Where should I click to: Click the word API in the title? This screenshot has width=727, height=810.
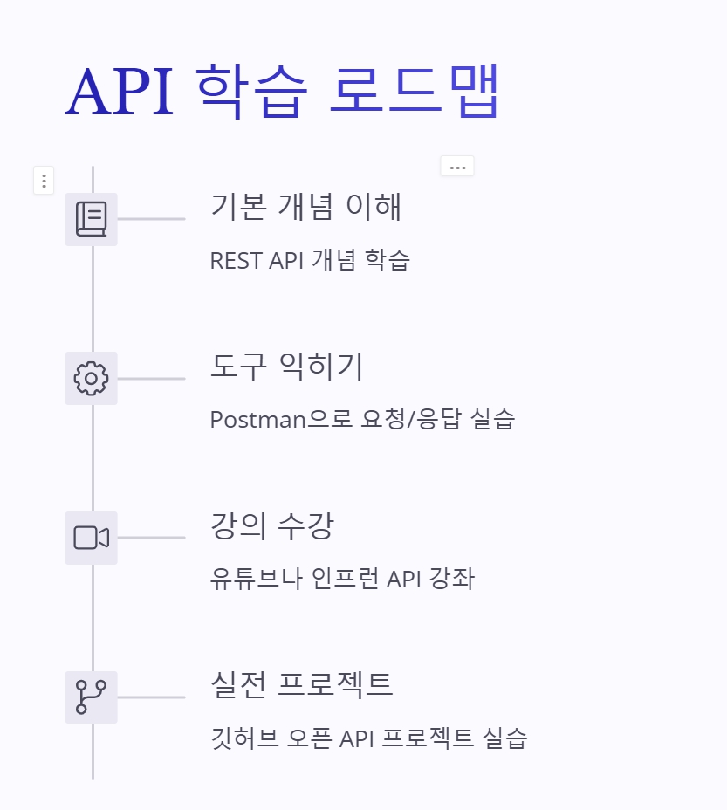pyautogui.click(x=119, y=91)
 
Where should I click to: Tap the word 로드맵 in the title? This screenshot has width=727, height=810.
pyautogui.click(x=414, y=91)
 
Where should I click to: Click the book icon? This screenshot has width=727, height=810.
pyautogui.click(x=91, y=219)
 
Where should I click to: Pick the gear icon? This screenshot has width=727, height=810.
pyautogui.click(x=91, y=379)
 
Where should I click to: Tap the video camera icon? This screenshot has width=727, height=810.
pyautogui.click(x=91, y=538)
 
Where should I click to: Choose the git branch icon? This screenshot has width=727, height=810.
pyautogui.click(x=91, y=697)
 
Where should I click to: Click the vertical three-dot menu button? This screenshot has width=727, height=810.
pyautogui.click(x=44, y=181)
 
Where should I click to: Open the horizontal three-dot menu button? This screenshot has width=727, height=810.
pyautogui.click(x=457, y=167)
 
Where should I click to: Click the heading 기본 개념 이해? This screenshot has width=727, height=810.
pyautogui.click(x=306, y=207)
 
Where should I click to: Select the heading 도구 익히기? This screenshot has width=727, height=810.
pyautogui.click(x=286, y=367)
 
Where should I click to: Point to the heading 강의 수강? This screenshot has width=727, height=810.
pyautogui.click(x=272, y=526)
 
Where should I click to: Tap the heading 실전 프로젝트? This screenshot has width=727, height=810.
pyautogui.click(x=302, y=684)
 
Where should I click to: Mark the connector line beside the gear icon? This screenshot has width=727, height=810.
pyautogui.click(x=151, y=379)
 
